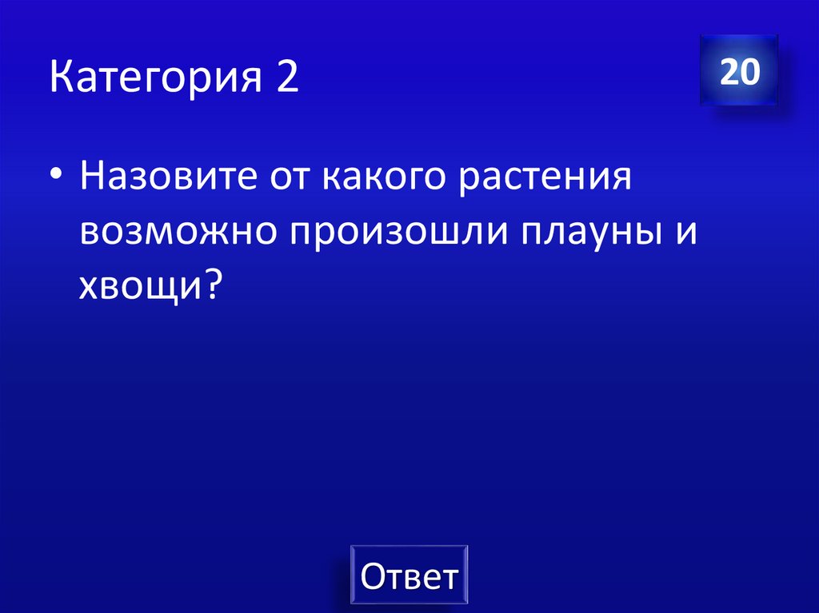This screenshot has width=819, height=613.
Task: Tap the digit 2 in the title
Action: tap(288, 79)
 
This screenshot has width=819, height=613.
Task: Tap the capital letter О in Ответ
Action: tap(374, 575)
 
